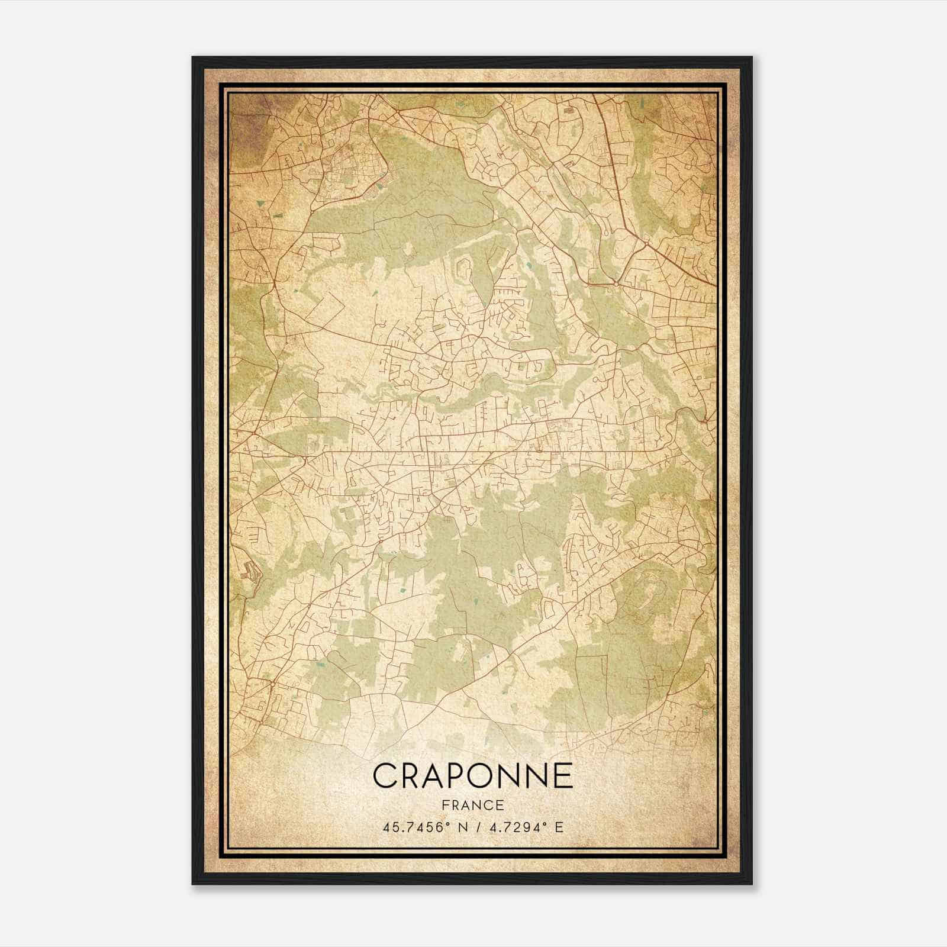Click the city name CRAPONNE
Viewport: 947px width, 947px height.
(x=473, y=775)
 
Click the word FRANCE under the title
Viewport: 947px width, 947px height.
(x=473, y=805)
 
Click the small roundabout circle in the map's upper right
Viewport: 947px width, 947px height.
(x=616, y=285)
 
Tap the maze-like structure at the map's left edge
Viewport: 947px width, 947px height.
(x=250, y=571)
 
